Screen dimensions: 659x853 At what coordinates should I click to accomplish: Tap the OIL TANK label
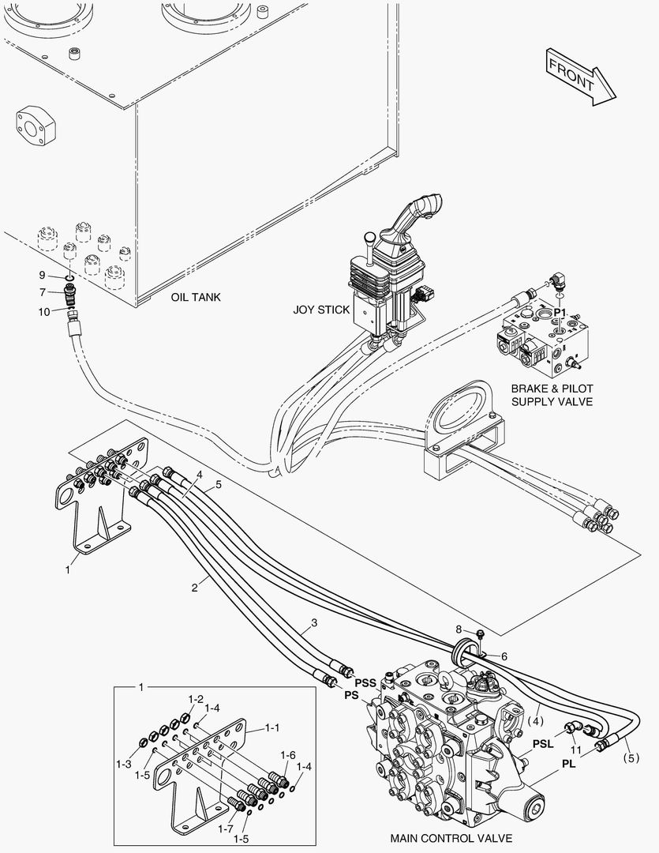pyautogui.click(x=196, y=297)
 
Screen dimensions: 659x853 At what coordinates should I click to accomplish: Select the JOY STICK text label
pyautogui.click(x=321, y=310)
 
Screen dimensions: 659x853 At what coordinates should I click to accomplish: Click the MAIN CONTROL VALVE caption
pyautogui.click(x=451, y=838)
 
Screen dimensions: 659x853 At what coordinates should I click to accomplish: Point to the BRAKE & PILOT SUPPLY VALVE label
pyautogui.click(x=552, y=395)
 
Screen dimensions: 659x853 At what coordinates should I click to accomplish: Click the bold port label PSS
pyautogui.click(x=365, y=682)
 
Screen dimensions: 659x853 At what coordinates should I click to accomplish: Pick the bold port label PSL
pyautogui.click(x=543, y=744)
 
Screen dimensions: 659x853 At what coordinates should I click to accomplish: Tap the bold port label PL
pyautogui.click(x=568, y=764)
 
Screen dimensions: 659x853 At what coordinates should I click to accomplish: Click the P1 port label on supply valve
pyautogui.click(x=560, y=312)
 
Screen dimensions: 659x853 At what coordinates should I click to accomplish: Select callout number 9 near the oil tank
pyautogui.click(x=42, y=276)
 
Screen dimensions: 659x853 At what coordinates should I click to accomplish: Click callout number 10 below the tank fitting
pyautogui.click(x=44, y=312)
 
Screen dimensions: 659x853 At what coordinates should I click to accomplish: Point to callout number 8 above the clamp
pyautogui.click(x=459, y=629)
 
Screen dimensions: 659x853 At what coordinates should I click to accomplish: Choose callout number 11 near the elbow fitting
pyautogui.click(x=576, y=750)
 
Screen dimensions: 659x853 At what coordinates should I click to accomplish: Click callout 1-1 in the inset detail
pyautogui.click(x=271, y=727)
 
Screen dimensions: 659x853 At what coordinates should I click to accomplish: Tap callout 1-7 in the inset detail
pyautogui.click(x=226, y=829)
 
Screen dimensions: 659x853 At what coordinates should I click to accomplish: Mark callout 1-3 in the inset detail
pyautogui.click(x=123, y=764)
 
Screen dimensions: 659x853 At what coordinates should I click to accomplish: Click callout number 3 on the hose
pyautogui.click(x=314, y=622)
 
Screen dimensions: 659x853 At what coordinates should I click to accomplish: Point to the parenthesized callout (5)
pyautogui.click(x=631, y=757)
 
